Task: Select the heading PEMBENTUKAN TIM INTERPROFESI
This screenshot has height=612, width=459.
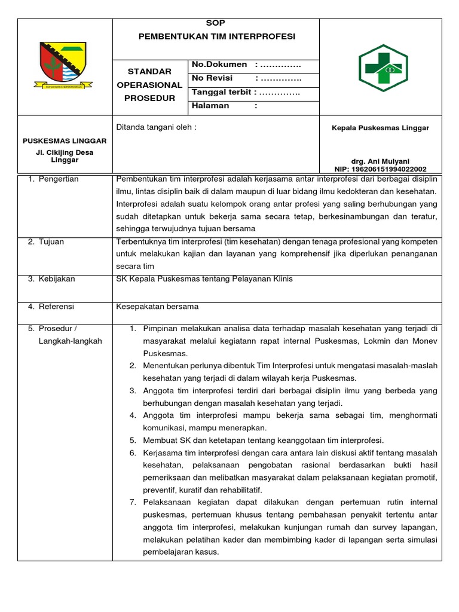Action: [x=217, y=36]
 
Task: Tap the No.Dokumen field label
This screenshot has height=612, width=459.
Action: [x=219, y=65]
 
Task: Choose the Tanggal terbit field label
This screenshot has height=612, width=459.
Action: [x=221, y=92]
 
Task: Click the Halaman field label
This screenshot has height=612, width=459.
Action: [x=210, y=106]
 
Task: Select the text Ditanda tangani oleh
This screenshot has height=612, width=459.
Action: [x=156, y=127]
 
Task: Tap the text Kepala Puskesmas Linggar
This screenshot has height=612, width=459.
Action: [x=381, y=128]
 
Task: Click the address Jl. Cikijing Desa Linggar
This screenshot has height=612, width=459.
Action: [x=65, y=157]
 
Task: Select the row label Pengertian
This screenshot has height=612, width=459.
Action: [x=59, y=179]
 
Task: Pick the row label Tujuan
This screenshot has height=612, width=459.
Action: [x=51, y=241]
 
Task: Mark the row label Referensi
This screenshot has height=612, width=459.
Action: [x=57, y=307]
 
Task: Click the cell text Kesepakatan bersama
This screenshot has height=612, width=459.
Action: [x=157, y=307]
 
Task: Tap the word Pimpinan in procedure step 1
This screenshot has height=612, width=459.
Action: [x=161, y=329]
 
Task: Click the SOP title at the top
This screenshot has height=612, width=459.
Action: [x=216, y=23]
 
